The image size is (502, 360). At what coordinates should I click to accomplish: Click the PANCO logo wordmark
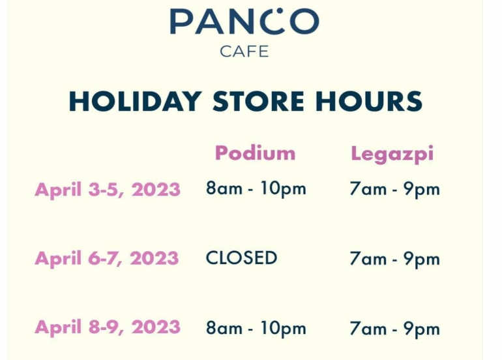[244, 21]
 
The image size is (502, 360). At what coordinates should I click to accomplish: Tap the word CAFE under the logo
[244, 52]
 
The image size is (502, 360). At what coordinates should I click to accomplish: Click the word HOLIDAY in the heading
[136, 101]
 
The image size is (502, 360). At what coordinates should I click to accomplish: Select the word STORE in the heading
[258, 101]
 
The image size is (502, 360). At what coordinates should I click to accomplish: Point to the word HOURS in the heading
[369, 101]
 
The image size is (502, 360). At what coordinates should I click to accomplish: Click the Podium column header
[255, 153]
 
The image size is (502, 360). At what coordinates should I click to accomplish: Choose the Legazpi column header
[392, 155]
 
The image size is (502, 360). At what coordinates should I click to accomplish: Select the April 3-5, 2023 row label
[108, 189]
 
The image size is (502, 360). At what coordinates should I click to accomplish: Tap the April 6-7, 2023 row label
[107, 258]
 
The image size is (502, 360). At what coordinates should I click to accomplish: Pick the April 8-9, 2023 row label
[108, 327]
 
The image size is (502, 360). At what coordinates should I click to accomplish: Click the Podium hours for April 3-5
[256, 188]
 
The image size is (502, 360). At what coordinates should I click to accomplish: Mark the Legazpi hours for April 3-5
[394, 189]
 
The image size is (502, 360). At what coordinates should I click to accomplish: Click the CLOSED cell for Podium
[241, 258]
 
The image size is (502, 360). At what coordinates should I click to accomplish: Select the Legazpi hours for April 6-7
[394, 259]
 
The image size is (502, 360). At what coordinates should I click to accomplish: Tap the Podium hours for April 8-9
[256, 328]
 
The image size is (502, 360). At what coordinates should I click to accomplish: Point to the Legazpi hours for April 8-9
[394, 329]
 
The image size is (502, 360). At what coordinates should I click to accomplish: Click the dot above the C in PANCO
[280, 11]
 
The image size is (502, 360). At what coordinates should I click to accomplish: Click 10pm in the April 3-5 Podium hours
[284, 189]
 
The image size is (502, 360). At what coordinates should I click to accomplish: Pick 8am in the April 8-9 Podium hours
[224, 327]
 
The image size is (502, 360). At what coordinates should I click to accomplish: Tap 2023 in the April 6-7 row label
[155, 258]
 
